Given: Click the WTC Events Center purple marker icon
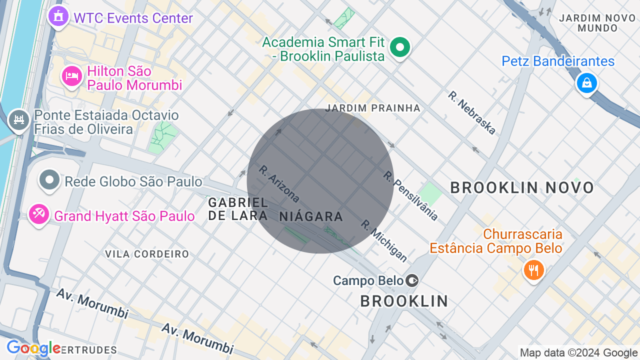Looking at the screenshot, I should coord(59,17).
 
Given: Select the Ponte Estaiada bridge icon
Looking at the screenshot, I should coord(19,120).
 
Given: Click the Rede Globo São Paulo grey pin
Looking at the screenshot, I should coord(49,180).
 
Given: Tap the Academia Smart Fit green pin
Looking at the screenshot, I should coord(399,48).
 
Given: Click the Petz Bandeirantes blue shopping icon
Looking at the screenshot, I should coord(586,82).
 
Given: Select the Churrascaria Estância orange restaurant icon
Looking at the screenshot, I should coord(533,270).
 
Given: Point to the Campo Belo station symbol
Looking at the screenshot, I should coord(412,280).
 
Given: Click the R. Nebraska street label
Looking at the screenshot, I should coord(471,112).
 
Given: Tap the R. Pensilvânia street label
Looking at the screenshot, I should coord(410,195).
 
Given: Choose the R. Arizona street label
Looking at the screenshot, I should coord(279,183).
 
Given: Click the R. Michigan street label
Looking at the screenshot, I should coord(384,240).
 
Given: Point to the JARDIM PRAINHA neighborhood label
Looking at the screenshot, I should coord(372,108).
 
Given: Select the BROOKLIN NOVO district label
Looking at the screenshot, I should coord(521,188).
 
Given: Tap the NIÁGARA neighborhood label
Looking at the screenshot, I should coord(311,216).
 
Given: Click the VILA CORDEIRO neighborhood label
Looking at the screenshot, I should coord(147,254).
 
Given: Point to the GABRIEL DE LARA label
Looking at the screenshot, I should coord(238,208).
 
